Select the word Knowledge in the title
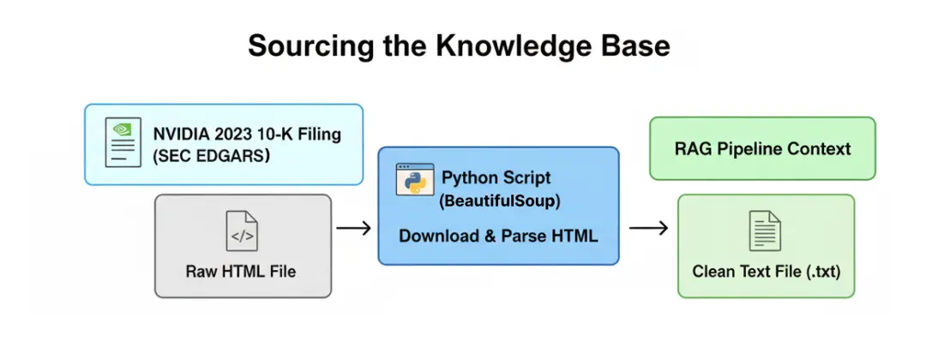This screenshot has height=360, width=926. [492, 46]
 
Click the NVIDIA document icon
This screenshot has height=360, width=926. [123, 143]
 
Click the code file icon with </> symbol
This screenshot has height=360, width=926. [242, 231]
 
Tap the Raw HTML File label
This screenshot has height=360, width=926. [241, 271]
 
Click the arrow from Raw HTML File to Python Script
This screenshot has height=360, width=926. [353, 228]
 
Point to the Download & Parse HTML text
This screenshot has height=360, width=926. [497, 236]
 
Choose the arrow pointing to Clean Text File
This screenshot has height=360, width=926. [648, 228]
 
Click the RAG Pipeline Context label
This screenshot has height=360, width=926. [762, 149]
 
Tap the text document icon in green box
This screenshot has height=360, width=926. [766, 231]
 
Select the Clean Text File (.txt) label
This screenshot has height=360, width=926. [766, 272]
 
